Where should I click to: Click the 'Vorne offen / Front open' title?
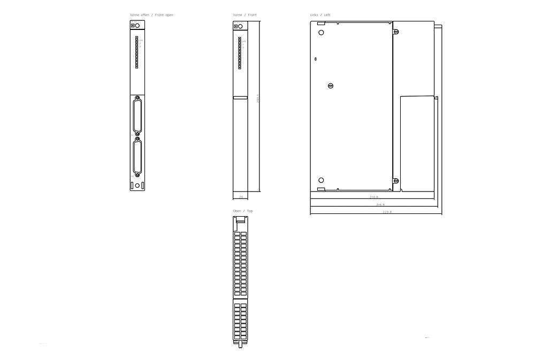(151, 14)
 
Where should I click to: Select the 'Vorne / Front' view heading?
(244, 14)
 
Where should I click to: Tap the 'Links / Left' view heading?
(320, 14)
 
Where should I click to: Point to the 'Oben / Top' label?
(243, 211)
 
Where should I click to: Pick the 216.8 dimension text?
(380, 205)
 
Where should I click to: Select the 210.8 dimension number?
(373, 197)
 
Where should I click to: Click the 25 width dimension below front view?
(241, 197)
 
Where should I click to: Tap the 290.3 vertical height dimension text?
(258, 99)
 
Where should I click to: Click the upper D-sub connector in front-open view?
(137, 115)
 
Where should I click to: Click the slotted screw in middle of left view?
(331, 86)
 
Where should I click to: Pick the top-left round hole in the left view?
(321, 33)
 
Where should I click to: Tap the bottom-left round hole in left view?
(321, 180)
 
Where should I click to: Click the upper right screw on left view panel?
(396, 32)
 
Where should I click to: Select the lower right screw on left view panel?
(396, 181)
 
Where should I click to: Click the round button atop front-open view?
(138, 26)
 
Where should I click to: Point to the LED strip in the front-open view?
(136, 52)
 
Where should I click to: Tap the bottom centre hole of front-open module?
(137, 186)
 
